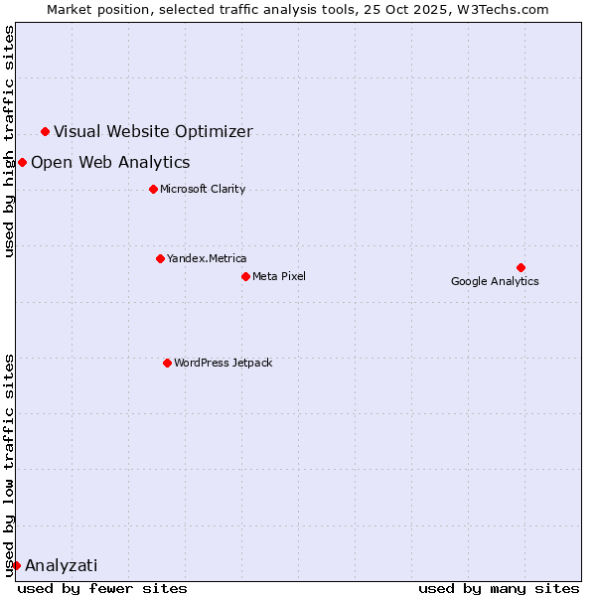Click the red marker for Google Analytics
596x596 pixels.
[x=521, y=267]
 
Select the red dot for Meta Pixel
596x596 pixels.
[x=245, y=276]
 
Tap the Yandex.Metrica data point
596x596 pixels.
[x=160, y=258]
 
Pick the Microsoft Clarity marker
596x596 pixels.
[x=153, y=189]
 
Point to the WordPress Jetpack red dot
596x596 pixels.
[x=167, y=363]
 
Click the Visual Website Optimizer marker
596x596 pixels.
[x=45, y=131]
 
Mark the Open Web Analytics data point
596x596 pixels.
[x=22, y=162]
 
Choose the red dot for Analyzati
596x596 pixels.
[x=16, y=565]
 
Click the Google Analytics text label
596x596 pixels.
[x=495, y=281]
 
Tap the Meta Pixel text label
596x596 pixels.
[x=279, y=276]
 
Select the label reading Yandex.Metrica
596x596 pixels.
[x=207, y=258]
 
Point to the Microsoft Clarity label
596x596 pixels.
[x=203, y=189]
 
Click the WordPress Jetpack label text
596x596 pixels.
[x=223, y=363]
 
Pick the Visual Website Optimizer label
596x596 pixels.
[x=153, y=131]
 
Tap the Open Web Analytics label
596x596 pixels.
[x=110, y=162]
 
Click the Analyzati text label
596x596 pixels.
[x=62, y=565]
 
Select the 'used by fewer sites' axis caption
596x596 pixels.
[x=102, y=588]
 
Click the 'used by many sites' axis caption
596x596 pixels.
[x=499, y=588]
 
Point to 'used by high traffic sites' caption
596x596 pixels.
[x=9, y=141]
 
